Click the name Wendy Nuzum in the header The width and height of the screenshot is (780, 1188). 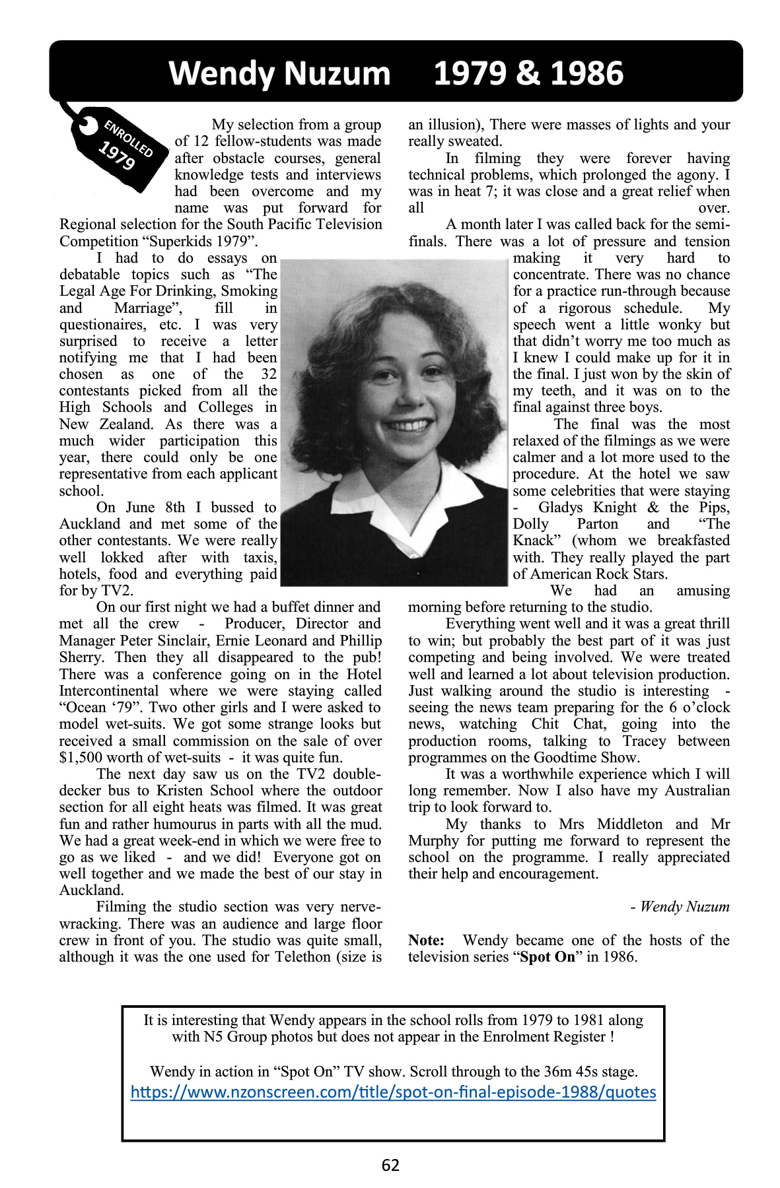point(279,73)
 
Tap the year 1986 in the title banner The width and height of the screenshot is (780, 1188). point(586,73)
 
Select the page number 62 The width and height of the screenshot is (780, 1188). point(390,1165)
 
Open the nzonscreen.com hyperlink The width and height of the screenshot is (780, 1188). point(393,1092)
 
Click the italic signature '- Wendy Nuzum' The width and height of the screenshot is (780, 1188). point(680,907)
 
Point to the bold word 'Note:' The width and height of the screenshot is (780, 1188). point(426,940)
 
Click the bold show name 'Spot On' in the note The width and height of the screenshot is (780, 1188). point(548,957)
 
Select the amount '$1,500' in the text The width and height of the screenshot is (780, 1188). point(80,758)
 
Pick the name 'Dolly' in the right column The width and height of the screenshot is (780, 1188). point(531,524)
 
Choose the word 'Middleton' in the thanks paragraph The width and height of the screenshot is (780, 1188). point(629,824)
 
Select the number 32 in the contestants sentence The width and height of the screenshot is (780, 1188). point(269,374)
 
